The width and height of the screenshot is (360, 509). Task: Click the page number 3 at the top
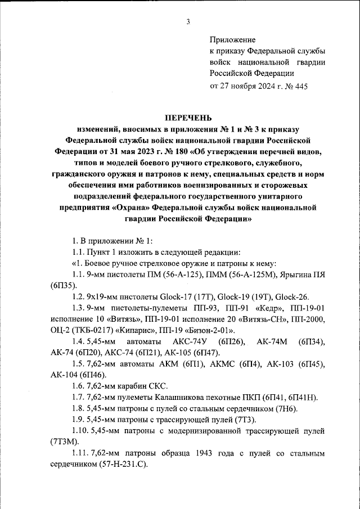[x=188, y=22]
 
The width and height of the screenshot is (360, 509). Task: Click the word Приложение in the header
[x=232, y=40]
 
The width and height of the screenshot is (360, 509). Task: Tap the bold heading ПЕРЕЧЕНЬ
[x=188, y=118]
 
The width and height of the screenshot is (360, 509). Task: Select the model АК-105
[x=177, y=353]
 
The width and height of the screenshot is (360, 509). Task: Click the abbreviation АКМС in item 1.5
[x=210, y=364]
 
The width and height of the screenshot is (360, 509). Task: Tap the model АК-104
[x=65, y=375]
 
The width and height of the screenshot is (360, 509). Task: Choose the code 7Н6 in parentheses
[x=291, y=408]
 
